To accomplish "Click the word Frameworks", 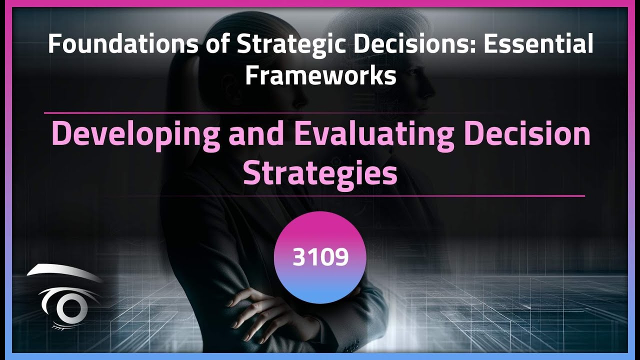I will coord(320,76).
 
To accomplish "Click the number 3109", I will coord(320,257).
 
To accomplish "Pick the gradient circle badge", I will coord(320,235).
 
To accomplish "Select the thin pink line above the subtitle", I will coord(200,113).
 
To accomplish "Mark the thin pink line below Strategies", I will coord(450,196).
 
